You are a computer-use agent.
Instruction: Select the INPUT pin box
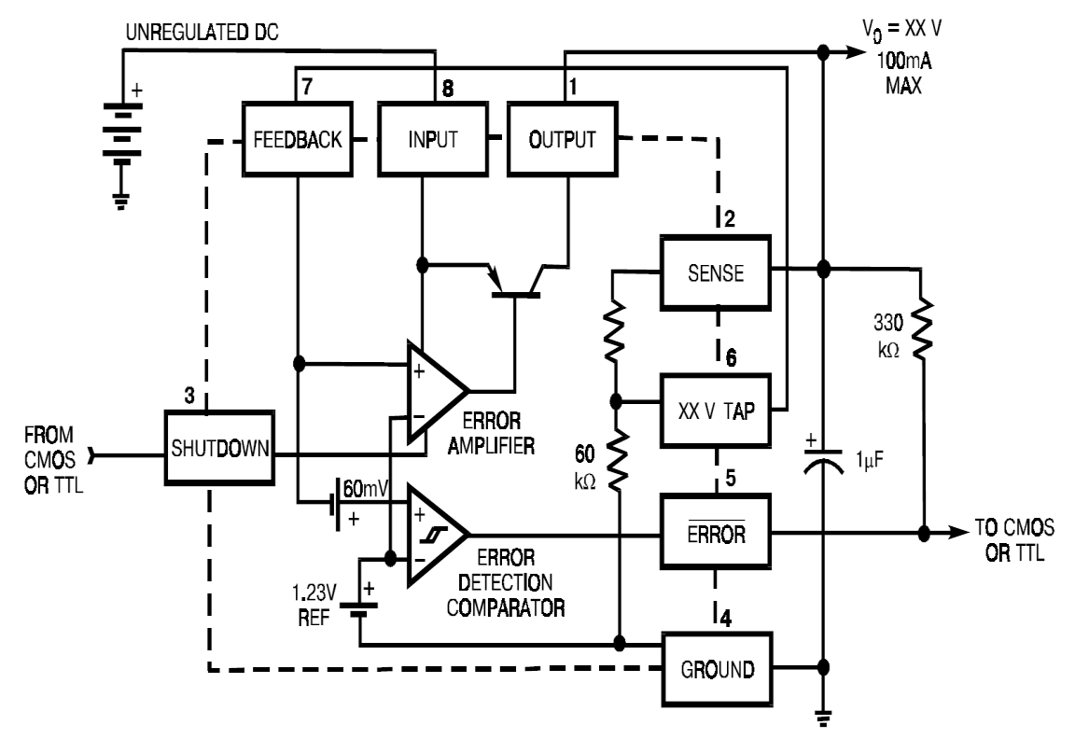(431, 140)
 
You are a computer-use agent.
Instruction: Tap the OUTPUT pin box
(563, 140)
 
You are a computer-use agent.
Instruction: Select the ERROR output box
(716, 534)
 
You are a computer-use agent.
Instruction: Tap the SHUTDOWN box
(220, 447)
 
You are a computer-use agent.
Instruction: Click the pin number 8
(447, 89)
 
